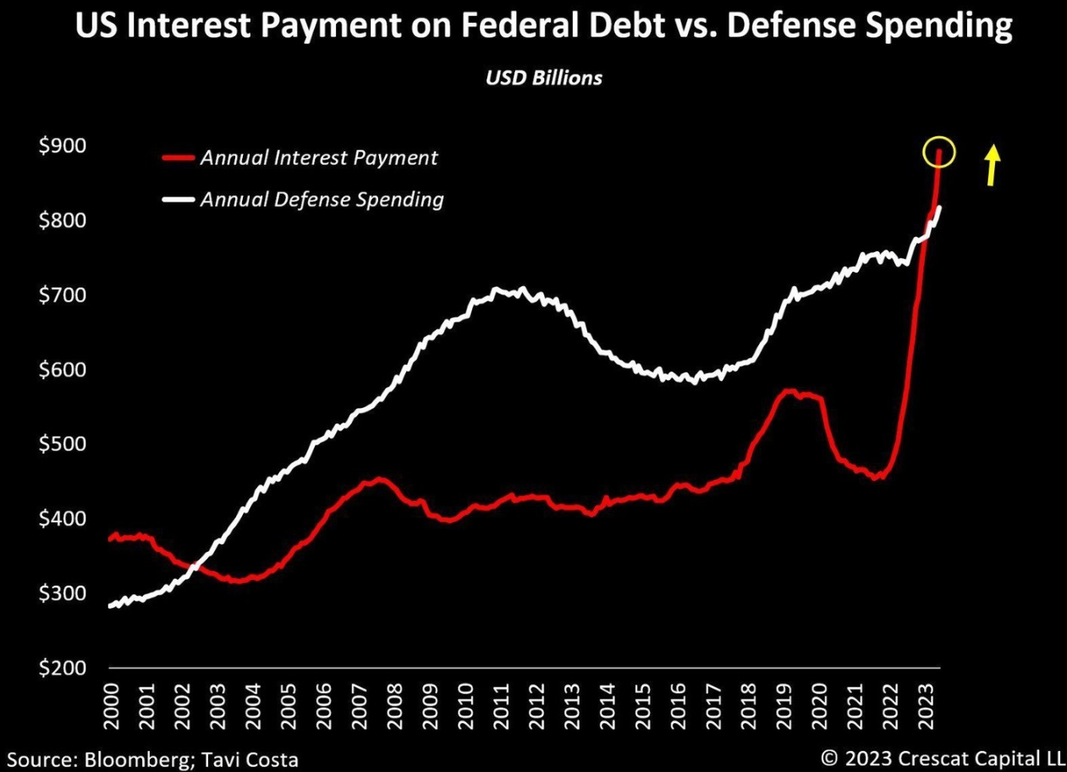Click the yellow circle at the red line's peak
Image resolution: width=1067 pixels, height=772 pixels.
coord(939,153)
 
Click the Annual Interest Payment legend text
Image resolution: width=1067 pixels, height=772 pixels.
coord(319,157)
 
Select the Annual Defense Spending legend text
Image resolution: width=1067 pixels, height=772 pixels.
coord(322,200)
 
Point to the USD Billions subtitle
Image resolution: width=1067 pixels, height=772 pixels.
coord(544,77)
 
